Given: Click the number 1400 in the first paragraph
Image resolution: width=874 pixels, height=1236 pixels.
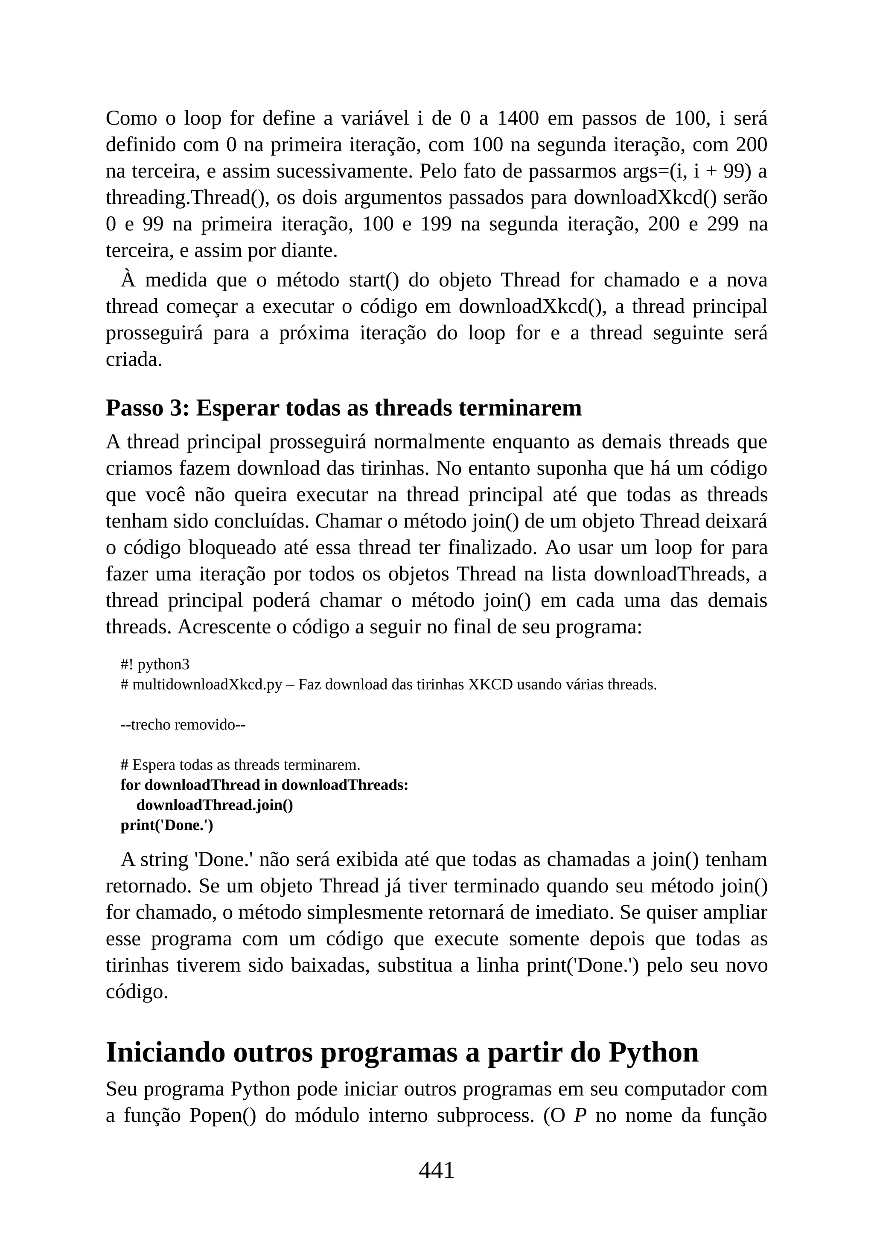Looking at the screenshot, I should tap(517, 118).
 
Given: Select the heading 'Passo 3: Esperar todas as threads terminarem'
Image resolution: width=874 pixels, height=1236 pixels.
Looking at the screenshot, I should tap(344, 408).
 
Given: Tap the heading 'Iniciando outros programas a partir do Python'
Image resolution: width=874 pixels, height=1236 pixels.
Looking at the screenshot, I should tap(402, 1052).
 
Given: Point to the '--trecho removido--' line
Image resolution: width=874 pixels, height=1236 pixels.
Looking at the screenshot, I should tap(183, 725).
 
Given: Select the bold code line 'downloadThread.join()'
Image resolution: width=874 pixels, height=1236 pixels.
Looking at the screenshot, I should tap(215, 805).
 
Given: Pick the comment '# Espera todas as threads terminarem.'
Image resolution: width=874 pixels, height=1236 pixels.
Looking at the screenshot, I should tap(240, 764).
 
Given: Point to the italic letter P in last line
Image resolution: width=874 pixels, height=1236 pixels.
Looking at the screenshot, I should tap(580, 1115).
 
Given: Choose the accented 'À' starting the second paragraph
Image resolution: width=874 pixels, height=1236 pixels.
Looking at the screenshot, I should tap(128, 280).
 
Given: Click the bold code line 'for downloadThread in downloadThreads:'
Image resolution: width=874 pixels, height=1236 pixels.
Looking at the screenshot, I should tap(264, 785).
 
